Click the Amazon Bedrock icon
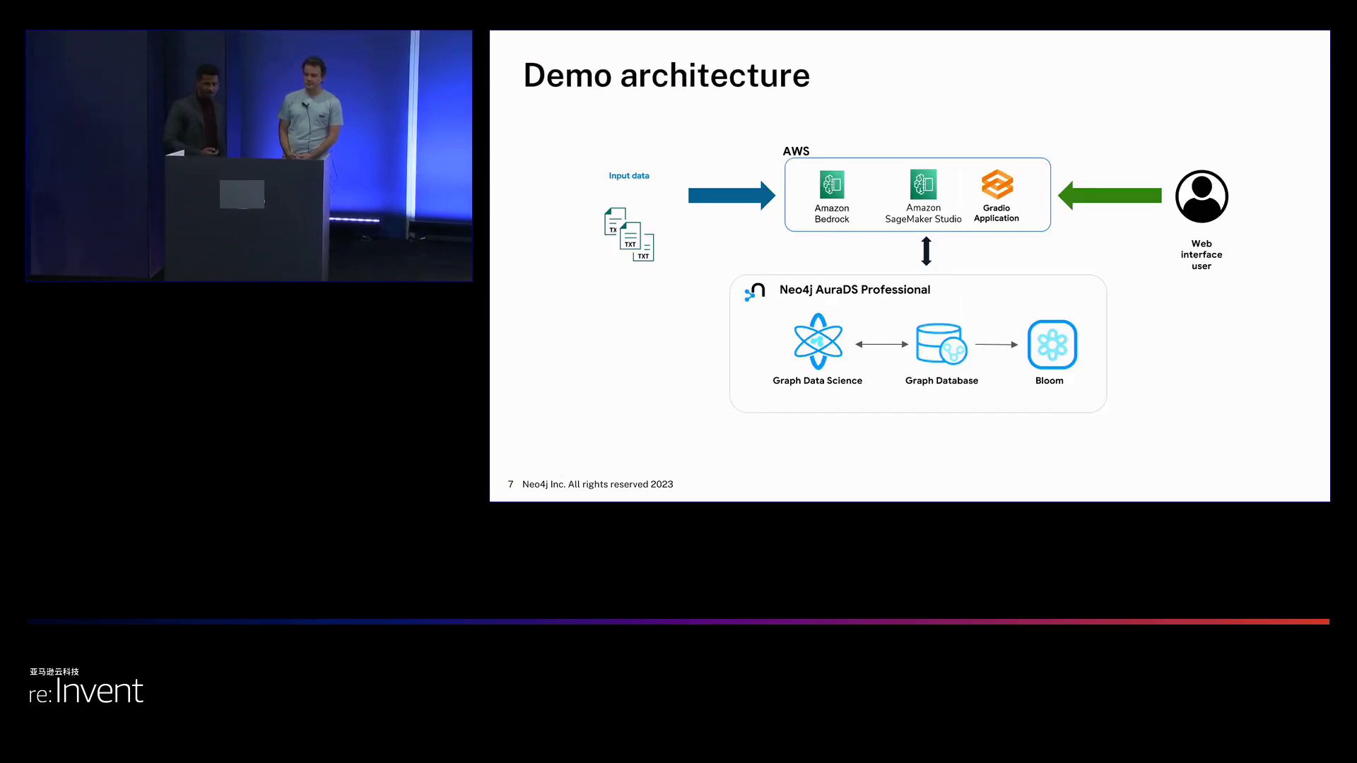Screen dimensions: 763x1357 (832, 184)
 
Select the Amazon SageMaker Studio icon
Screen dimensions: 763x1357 (923, 184)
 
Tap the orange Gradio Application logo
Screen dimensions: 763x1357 (997, 184)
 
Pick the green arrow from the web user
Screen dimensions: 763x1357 (1110, 196)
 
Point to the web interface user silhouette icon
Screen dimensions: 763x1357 (1202, 196)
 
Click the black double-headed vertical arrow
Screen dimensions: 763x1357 (927, 251)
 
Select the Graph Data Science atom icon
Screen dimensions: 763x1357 (818, 342)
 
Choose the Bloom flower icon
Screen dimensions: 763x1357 (1052, 345)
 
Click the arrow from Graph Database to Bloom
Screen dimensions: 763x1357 (997, 345)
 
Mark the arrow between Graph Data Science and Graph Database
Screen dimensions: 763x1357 (881, 345)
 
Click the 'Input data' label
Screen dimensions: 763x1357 (629, 176)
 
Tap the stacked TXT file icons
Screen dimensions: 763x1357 (629, 235)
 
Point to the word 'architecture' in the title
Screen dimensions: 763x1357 (715, 76)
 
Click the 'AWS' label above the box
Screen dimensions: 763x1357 (796, 151)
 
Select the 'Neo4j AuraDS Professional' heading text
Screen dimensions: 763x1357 (854, 290)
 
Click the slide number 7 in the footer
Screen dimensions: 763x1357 (510, 485)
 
